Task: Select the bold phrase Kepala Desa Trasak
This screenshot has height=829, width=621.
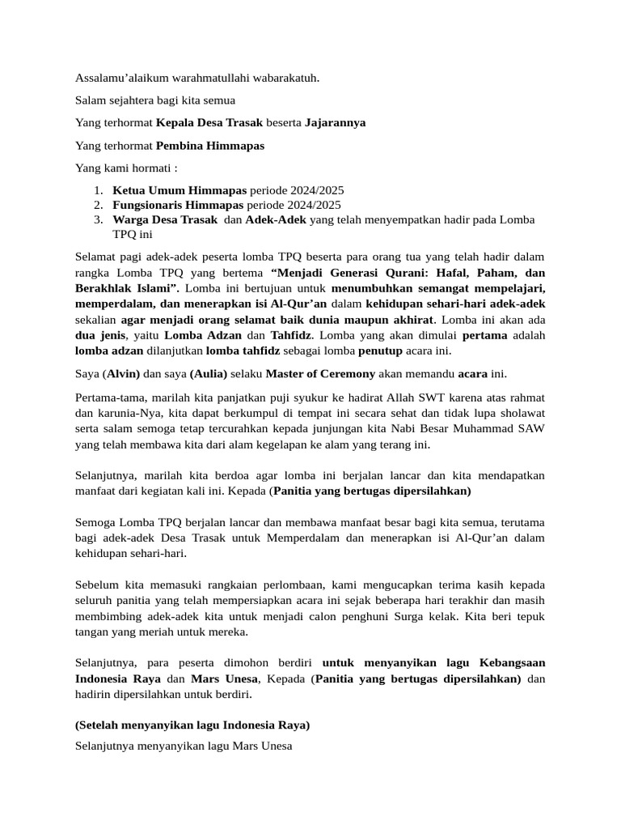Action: [x=209, y=123]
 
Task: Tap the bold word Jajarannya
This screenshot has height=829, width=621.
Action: [x=335, y=123]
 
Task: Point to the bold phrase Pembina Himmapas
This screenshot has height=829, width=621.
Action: [x=210, y=146]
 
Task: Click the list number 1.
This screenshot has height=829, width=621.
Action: [x=97, y=190]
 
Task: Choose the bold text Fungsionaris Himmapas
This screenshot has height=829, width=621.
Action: [x=180, y=205]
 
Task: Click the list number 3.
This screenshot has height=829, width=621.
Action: [x=97, y=220]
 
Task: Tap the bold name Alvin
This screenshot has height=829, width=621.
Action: [x=123, y=374]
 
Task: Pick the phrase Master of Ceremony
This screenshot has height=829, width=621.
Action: [x=320, y=374]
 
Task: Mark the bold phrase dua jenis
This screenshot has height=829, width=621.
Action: [x=101, y=335]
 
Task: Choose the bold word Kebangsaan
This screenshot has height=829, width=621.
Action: [x=508, y=663]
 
